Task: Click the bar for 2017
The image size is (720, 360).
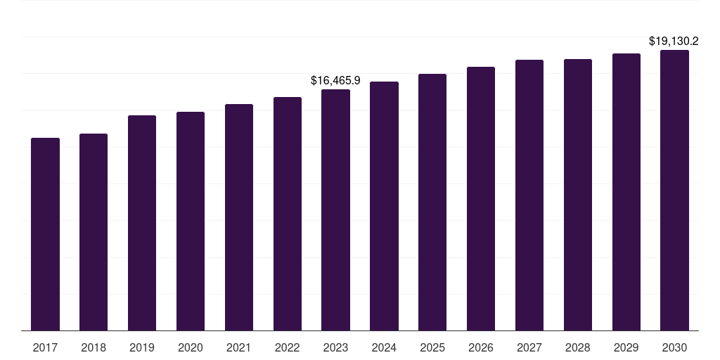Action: tap(45, 234)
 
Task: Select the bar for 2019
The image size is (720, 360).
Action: tap(142, 223)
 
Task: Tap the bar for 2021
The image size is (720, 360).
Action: tap(239, 217)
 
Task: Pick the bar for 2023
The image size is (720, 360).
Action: tap(335, 210)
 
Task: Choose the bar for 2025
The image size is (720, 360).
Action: tap(432, 202)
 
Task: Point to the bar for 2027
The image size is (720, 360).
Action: tap(529, 195)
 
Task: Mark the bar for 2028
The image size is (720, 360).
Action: tap(578, 195)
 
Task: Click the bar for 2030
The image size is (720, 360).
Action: tap(674, 190)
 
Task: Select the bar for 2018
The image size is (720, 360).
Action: tap(94, 232)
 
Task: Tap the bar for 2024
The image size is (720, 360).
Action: tap(384, 206)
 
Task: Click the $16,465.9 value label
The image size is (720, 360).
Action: tap(335, 81)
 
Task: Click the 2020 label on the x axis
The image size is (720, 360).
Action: tap(191, 347)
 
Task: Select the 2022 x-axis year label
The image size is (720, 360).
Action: tap(288, 347)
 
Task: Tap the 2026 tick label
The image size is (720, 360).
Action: tap(481, 347)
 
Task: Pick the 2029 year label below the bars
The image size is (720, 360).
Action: tap(626, 347)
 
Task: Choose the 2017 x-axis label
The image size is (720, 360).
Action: tap(45, 347)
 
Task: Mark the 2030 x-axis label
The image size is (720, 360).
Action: tap(674, 347)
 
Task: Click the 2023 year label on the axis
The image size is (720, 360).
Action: tap(335, 347)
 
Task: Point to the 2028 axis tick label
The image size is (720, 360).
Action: tap(578, 347)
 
